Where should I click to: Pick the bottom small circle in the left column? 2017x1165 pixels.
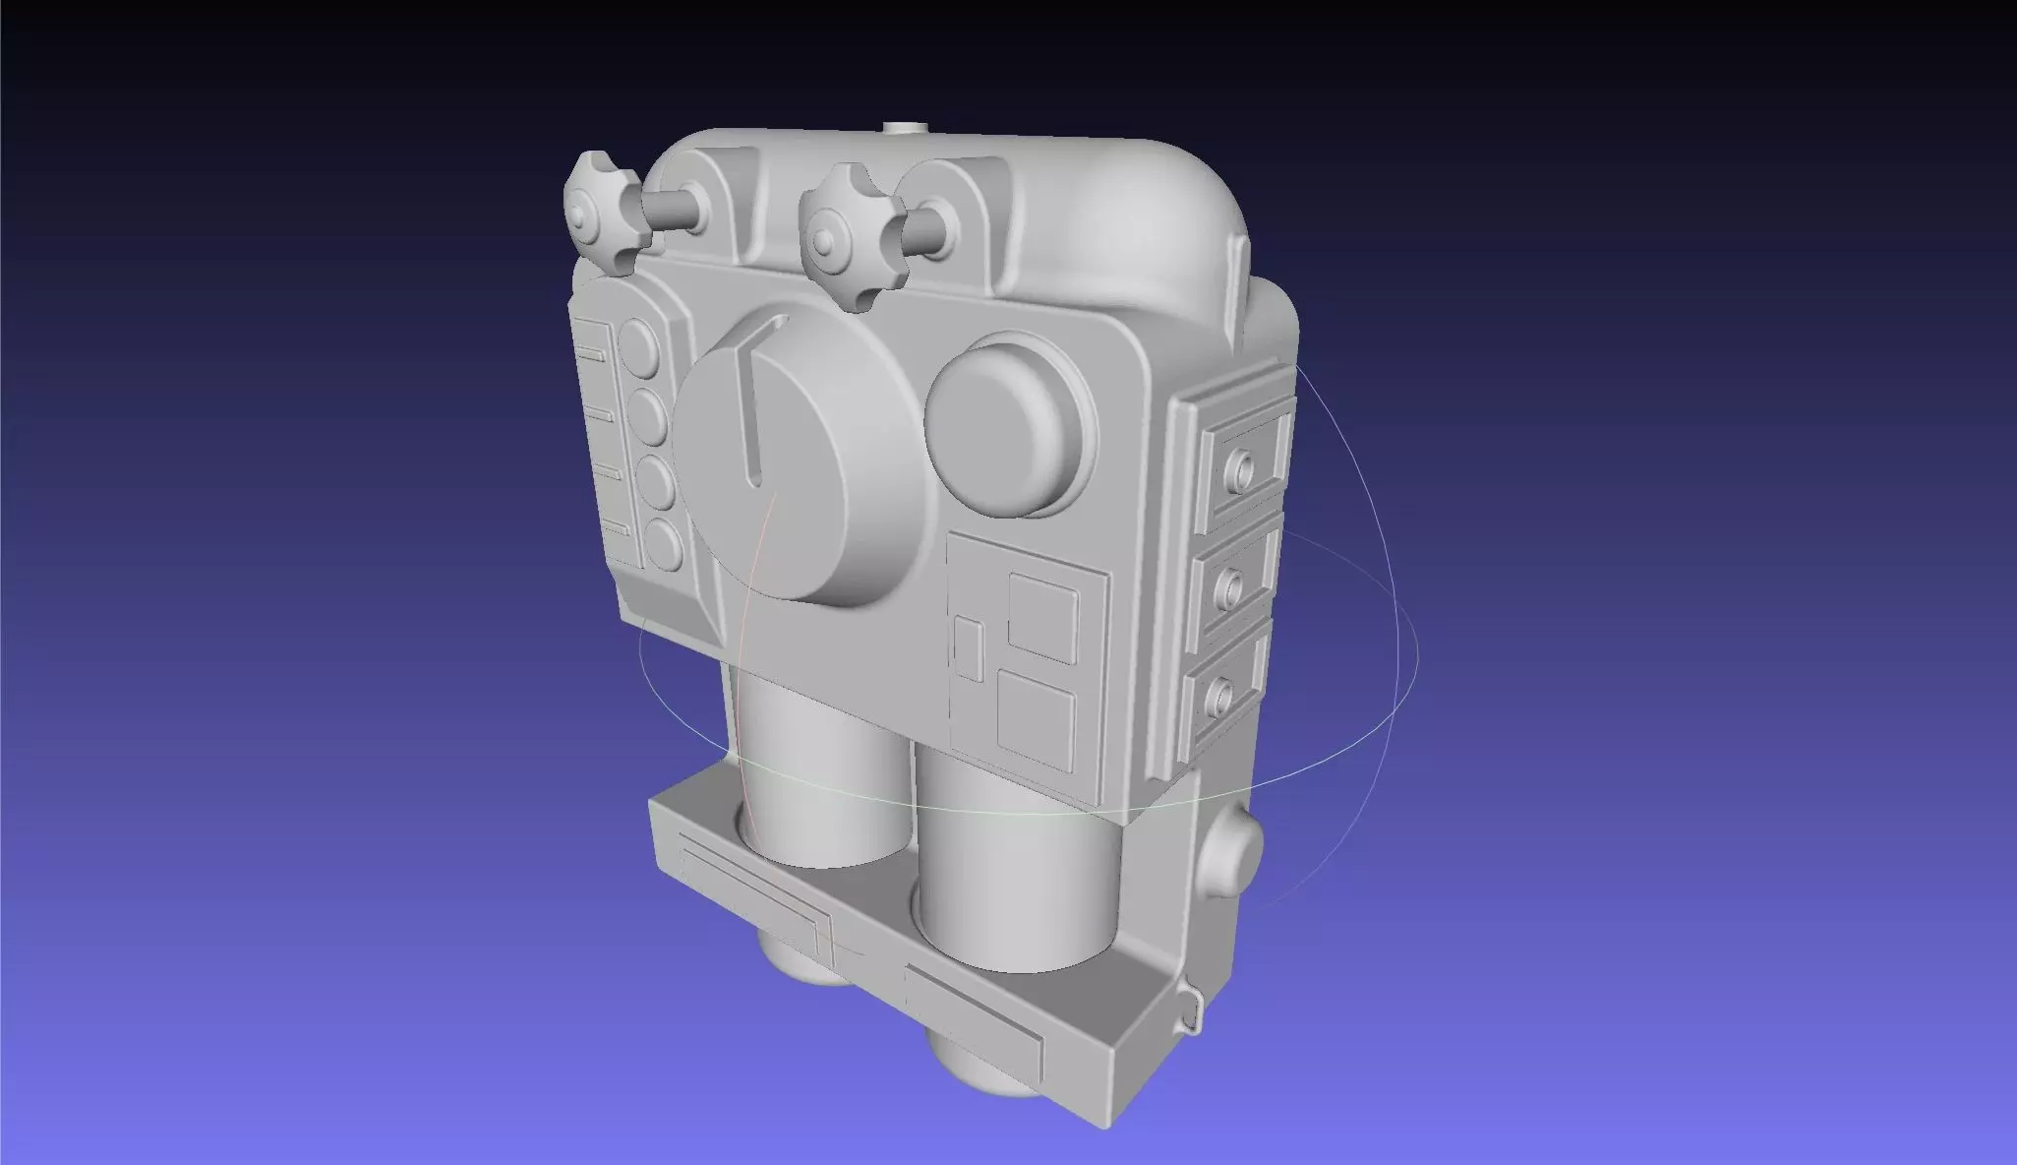[664, 543]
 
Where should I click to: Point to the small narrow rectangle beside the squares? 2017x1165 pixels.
[969, 648]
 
